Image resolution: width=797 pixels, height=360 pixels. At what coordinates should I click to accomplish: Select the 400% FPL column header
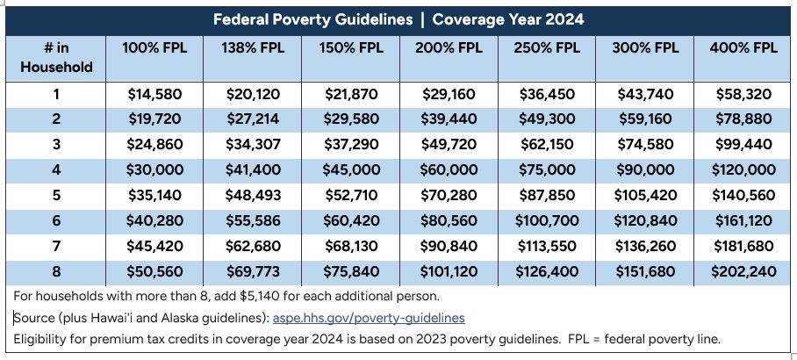(x=743, y=48)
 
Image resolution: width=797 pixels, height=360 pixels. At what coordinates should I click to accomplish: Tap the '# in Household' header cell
(x=56, y=57)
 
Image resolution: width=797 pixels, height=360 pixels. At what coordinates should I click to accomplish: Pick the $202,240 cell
(x=743, y=271)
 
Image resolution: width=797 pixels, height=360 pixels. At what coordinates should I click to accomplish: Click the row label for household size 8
(x=56, y=271)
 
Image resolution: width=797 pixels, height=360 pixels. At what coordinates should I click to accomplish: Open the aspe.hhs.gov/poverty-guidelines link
(x=369, y=318)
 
